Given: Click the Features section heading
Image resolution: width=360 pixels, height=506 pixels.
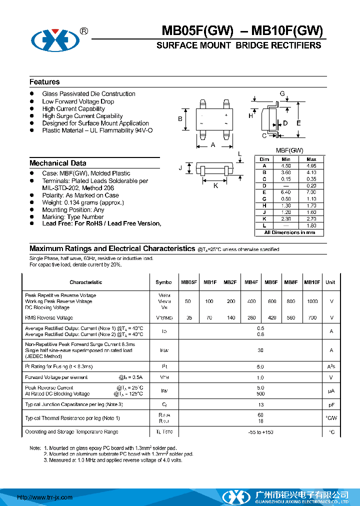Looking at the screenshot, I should point(44,82).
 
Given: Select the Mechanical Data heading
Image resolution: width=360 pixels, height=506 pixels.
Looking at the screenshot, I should point(57,163).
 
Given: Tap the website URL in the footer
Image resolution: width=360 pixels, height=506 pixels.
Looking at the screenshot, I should point(45,497).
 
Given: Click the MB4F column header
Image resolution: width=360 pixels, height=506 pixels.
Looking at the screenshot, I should point(251,282).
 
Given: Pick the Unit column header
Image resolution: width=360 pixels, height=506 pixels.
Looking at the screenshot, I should point(330,282).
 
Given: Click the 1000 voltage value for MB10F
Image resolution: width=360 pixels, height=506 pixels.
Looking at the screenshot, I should point(312,301).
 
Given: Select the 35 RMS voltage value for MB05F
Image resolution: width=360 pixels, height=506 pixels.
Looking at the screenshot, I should point(188,317).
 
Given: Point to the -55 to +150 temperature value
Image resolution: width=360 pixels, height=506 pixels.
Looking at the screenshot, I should point(260,431).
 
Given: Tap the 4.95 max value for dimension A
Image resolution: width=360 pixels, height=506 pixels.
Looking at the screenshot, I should point(311,165).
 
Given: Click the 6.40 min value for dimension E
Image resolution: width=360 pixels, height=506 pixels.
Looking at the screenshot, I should point(286,192).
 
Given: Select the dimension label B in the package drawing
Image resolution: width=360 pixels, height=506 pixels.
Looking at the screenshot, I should point(180,118).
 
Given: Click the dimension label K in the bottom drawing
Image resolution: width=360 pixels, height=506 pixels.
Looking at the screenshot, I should point(216,185).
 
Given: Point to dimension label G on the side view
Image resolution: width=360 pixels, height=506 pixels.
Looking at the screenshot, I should point(282,93).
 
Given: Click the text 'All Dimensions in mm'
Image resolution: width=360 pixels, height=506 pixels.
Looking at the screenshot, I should point(289,232).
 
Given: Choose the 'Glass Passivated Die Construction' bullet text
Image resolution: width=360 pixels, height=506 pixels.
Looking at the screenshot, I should point(88,93).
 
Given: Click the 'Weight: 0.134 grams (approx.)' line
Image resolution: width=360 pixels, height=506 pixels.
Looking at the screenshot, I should point(82,202).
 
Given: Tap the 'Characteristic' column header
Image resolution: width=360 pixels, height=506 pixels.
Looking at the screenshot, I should point(85,282).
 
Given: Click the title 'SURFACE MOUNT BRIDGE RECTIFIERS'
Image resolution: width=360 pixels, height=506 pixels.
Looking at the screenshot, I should point(238,45).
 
